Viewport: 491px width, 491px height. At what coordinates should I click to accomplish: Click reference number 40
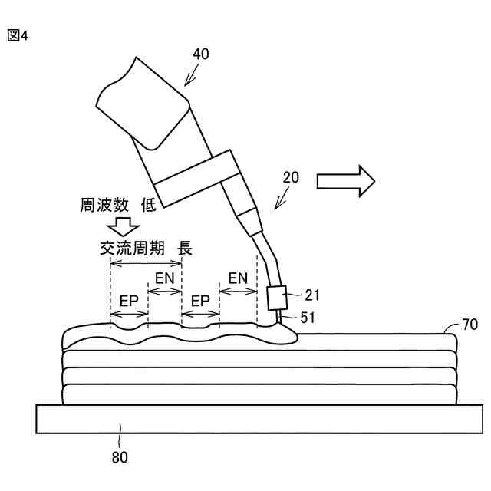pos(199,54)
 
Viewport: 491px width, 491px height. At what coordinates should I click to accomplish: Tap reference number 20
pos(291,177)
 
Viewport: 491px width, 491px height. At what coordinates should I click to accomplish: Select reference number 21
pos(311,294)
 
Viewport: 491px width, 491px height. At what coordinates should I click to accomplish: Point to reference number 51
pos(307,317)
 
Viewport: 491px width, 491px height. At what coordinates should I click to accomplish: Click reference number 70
pos(469,325)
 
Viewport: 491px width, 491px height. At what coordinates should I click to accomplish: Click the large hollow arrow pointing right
pos(345,181)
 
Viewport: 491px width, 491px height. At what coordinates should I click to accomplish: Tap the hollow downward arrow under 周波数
pos(123,226)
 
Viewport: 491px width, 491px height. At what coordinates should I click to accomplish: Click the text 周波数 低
pos(119,205)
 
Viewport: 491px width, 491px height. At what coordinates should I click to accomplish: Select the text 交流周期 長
pos(145,249)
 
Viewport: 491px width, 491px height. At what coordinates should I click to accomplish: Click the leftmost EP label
pos(129,301)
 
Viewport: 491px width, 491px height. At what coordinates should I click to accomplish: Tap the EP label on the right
pos(200,301)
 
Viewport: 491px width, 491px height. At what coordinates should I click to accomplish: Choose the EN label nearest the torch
pos(238,277)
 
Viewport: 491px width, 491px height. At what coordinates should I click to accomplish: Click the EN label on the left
pos(165,277)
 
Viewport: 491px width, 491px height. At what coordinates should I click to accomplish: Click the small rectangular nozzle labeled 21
pos(276,298)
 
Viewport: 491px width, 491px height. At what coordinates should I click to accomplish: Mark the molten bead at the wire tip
pos(284,334)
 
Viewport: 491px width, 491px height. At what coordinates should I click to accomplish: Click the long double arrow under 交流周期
pos(146,262)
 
